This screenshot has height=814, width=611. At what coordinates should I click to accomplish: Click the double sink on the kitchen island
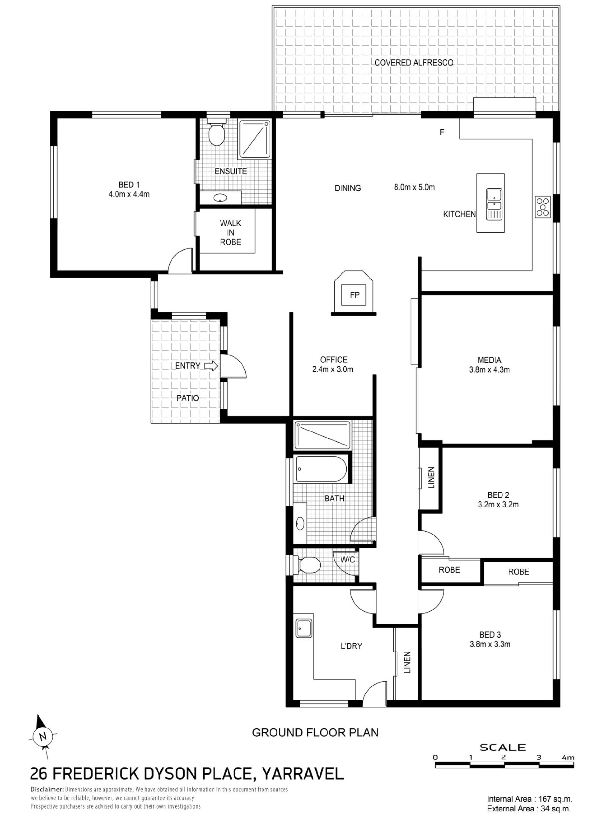tap(494, 204)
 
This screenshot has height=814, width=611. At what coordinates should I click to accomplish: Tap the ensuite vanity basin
tap(220, 198)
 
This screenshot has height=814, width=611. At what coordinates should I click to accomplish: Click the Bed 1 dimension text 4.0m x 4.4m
tap(129, 194)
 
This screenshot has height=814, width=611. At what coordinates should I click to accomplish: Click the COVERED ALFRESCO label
tap(414, 63)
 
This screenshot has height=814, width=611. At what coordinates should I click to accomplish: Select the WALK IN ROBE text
tap(230, 232)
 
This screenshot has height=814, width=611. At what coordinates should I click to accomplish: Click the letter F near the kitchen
tap(442, 132)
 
